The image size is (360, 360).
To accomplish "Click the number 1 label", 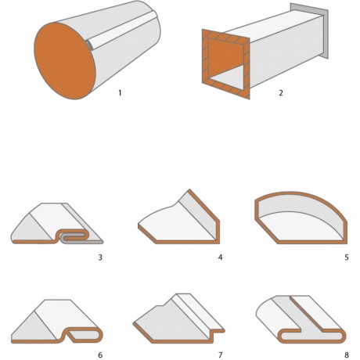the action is (120, 92).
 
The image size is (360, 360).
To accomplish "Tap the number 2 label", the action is (281, 92).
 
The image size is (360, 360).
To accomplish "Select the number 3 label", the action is (100, 257).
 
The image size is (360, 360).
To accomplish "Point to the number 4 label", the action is (221, 257).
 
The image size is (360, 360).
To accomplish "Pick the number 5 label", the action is (347, 257).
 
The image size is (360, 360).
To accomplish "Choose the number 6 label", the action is (100, 355).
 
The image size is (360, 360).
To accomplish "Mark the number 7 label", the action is (221, 355).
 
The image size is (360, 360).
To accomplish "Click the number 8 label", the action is (347, 355).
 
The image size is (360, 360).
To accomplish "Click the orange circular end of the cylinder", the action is (65, 61).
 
